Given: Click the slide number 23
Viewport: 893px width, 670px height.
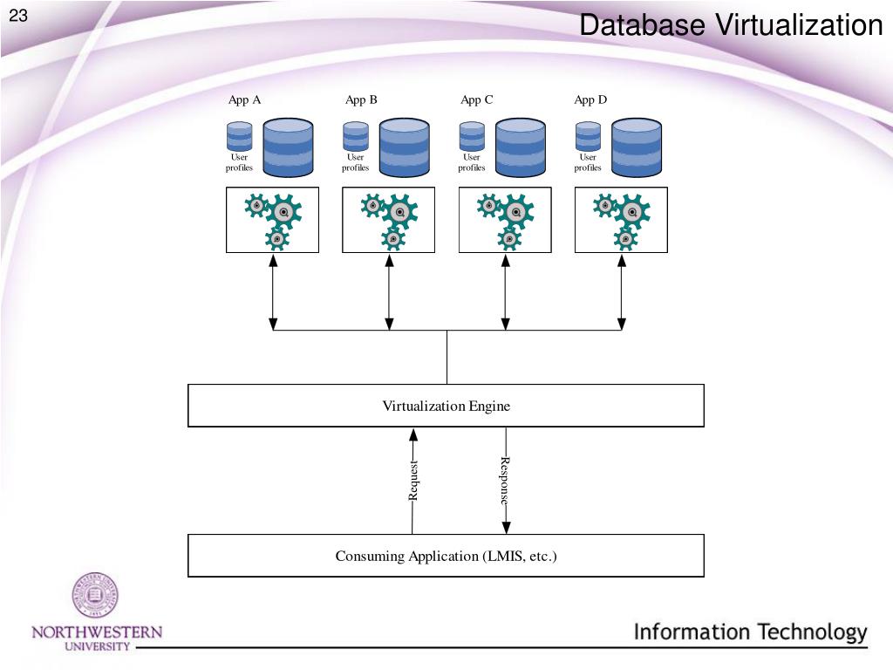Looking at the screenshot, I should (x=19, y=16).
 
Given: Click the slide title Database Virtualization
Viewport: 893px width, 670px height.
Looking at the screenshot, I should (x=731, y=25).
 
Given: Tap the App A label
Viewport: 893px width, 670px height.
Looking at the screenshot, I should (x=245, y=99).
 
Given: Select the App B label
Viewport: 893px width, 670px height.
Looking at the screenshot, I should (x=361, y=99).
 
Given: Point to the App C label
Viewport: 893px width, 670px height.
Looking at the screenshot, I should (x=477, y=99).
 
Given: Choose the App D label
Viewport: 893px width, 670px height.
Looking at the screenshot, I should (x=590, y=99).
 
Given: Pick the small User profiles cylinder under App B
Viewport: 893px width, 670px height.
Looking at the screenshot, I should (x=356, y=137).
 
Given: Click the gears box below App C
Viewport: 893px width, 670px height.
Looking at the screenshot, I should (x=505, y=220).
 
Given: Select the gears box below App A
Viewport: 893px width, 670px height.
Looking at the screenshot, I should (x=272, y=220).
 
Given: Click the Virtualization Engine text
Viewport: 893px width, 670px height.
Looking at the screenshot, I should (x=446, y=406).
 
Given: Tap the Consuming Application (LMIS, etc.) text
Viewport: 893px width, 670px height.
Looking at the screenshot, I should (x=446, y=556).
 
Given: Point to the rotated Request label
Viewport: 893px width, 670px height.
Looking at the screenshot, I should (x=414, y=481).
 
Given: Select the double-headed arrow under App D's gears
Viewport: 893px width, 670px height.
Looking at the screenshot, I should (x=621, y=291).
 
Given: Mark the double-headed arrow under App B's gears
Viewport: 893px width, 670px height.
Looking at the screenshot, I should (x=389, y=291).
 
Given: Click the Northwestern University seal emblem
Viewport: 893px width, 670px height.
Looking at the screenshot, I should (x=95, y=596).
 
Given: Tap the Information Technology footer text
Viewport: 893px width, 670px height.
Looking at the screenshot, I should (x=750, y=632).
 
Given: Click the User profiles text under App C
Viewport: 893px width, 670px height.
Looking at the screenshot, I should (x=472, y=162).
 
